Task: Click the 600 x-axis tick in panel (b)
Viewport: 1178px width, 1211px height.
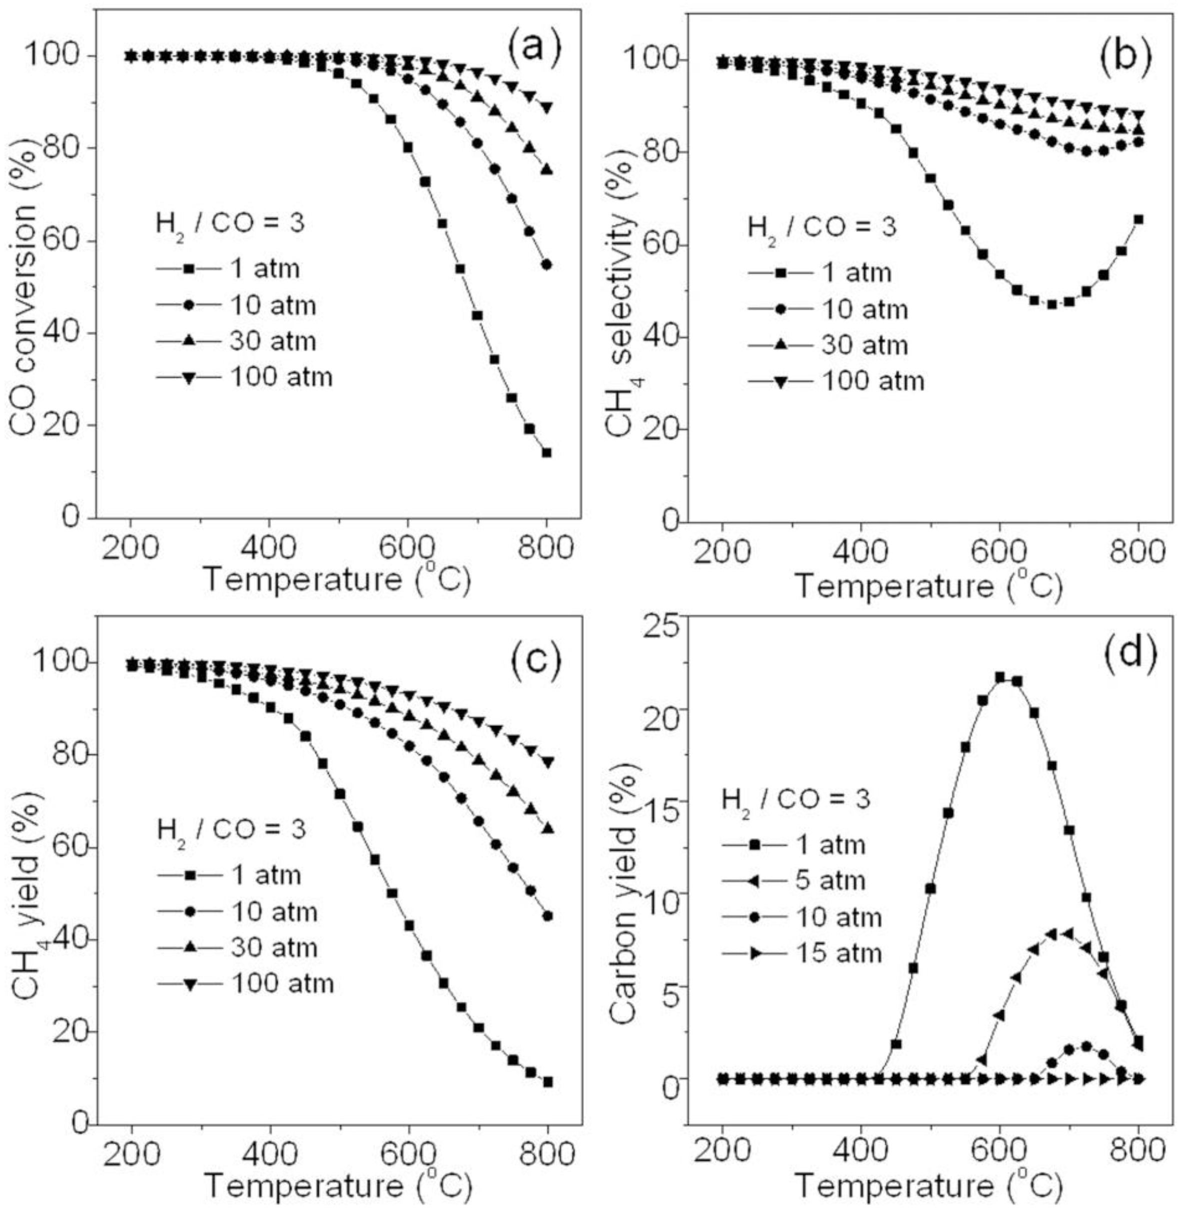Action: pos(1000,551)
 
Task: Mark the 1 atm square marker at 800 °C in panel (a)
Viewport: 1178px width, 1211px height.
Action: pos(546,452)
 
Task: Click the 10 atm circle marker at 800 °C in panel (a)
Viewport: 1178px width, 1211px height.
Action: pos(546,264)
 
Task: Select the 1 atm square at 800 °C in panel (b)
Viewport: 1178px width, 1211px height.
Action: pos(1138,219)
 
